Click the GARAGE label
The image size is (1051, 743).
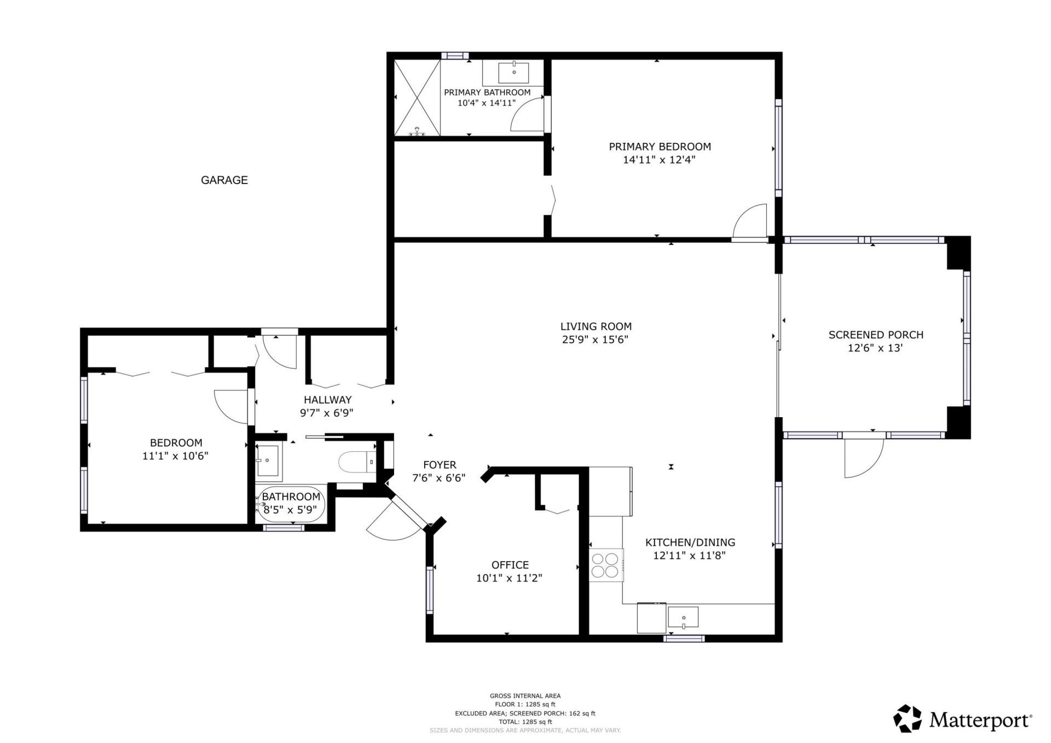point(224,180)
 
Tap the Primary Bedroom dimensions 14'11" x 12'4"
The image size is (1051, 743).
point(659,160)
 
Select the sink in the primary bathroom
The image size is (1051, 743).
point(513,72)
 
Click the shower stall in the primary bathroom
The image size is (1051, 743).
point(417,97)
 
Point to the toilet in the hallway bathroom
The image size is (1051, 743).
point(356,462)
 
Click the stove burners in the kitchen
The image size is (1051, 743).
point(605,565)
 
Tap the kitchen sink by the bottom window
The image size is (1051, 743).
point(683,618)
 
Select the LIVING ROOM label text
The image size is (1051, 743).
point(596,326)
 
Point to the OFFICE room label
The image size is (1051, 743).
point(510,565)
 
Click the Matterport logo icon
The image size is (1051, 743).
point(907,718)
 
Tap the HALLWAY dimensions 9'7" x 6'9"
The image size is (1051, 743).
point(327,413)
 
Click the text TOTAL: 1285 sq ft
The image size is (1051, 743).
point(525,722)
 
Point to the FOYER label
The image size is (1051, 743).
point(439,465)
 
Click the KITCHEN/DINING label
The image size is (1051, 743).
point(690,542)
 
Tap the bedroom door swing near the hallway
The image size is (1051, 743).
point(232,405)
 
